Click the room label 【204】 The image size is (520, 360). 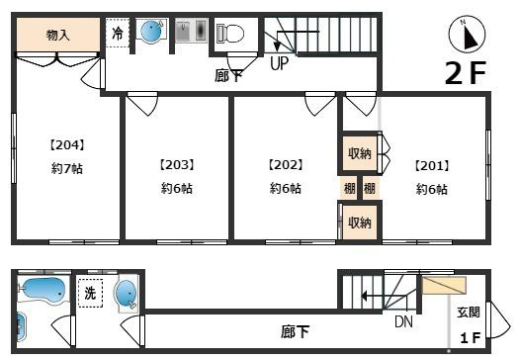coord(67,145)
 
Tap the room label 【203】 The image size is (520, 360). coord(176,165)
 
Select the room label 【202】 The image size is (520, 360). coord(286,165)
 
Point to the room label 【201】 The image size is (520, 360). coord(432,165)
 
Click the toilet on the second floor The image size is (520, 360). coord(230,34)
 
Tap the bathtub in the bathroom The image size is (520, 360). coord(43,291)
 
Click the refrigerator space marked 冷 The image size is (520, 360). coord(118,33)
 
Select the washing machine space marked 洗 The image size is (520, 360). coord(90,293)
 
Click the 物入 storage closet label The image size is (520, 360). coord(58,35)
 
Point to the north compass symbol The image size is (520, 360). coord(467,35)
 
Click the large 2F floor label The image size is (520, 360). coord(466,73)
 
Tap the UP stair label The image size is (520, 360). coord(279,63)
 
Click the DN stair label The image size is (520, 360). coord(403,321)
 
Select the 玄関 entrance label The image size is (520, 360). coord(469,313)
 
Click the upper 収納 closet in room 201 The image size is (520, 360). coord(360,153)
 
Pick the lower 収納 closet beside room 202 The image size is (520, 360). coord(360,223)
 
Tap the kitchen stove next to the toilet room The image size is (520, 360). coord(192,31)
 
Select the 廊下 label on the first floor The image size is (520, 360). coord(295,331)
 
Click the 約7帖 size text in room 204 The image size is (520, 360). coord(67,169)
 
